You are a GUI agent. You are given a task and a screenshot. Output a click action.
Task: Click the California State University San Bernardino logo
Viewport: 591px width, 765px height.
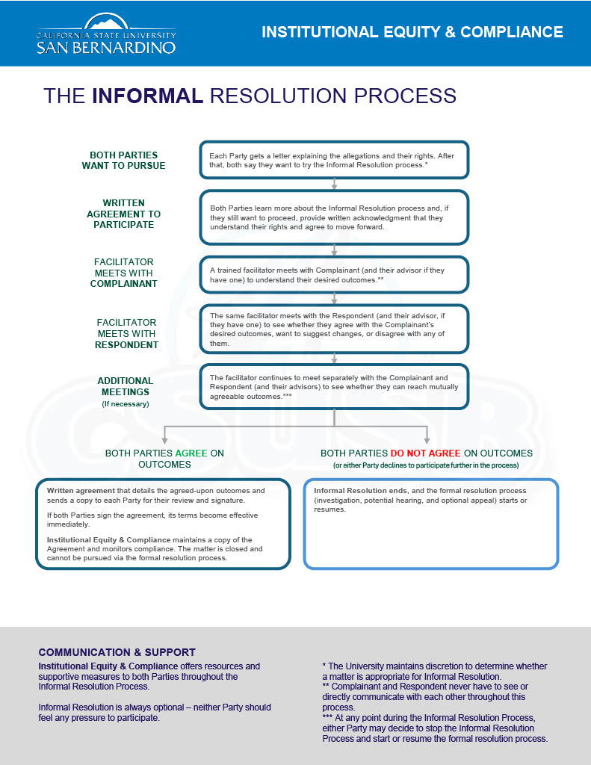[x=106, y=34]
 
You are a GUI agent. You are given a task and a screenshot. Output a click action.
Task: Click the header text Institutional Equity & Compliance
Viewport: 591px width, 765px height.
[x=412, y=32]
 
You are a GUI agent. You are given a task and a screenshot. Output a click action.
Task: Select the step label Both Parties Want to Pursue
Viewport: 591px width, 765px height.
[x=123, y=161]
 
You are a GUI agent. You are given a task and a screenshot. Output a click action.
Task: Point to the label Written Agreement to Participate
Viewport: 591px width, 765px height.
[x=123, y=214]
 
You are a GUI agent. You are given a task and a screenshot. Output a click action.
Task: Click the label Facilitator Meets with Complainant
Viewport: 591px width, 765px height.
[x=124, y=273]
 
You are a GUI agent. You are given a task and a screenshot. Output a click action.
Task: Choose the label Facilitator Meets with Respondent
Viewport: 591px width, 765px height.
[x=126, y=334]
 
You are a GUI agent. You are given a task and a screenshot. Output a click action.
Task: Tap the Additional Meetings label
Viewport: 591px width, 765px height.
[x=125, y=386]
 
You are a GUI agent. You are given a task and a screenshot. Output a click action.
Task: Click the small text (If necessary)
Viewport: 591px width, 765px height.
[x=125, y=404]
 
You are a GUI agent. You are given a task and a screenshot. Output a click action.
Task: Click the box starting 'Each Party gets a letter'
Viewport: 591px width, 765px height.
[x=334, y=159]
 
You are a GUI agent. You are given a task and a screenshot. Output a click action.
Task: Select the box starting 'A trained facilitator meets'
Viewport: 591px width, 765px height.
[x=334, y=274]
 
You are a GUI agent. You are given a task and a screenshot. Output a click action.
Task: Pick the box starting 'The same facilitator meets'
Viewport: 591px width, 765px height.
[x=334, y=329]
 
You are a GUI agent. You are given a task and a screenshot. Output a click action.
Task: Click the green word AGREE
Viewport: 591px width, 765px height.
[x=191, y=453]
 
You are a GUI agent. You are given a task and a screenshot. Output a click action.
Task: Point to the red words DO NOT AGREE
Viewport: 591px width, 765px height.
[x=425, y=453]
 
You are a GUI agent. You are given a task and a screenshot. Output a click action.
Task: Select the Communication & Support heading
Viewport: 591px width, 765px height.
[x=117, y=652]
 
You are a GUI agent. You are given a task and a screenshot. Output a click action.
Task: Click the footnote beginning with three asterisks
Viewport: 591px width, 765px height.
[x=435, y=728]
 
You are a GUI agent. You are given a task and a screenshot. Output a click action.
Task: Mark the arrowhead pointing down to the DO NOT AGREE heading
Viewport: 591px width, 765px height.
[x=427, y=440]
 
